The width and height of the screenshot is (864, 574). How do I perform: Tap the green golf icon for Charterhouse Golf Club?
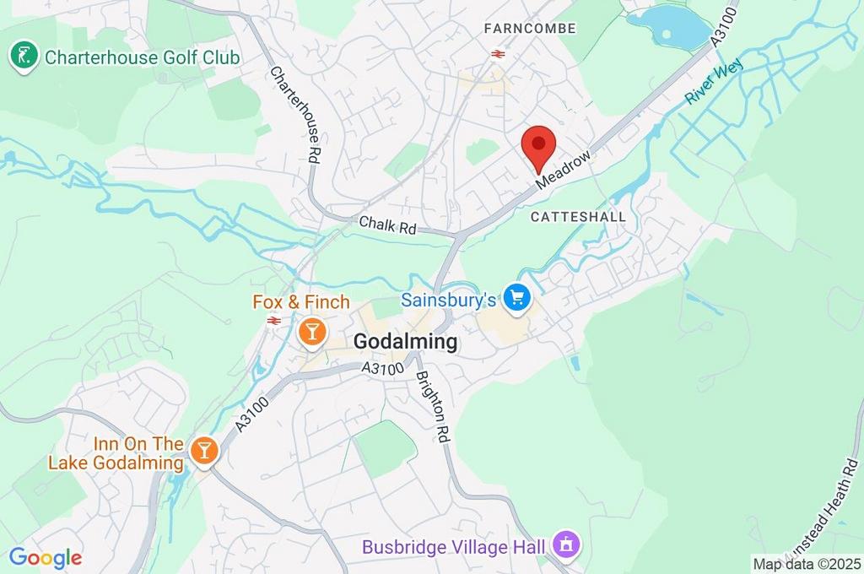pyautogui.click(x=24, y=57)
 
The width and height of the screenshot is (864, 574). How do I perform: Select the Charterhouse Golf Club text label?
pyautogui.click(x=142, y=57)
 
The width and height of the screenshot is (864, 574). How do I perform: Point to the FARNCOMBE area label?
pyautogui.click(x=530, y=29)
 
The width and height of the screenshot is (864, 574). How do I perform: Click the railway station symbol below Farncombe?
pyautogui.click(x=497, y=54)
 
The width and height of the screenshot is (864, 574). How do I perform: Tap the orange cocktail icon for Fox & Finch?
pyautogui.click(x=311, y=331)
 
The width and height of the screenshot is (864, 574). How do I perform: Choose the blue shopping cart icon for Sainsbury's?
pyautogui.click(x=516, y=297)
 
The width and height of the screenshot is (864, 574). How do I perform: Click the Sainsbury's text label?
pyautogui.click(x=447, y=300)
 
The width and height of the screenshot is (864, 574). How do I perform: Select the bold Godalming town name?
pyautogui.click(x=405, y=342)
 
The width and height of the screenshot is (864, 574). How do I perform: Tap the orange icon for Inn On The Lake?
pyautogui.click(x=203, y=450)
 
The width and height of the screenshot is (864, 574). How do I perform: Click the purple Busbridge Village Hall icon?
pyautogui.click(x=564, y=544)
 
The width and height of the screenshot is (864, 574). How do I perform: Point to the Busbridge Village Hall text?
pyautogui.click(x=454, y=547)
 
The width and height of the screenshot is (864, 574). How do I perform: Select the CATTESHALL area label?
pyautogui.click(x=578, y=217)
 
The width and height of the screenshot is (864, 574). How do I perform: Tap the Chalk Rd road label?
pyautogui.click(x=388, y=225)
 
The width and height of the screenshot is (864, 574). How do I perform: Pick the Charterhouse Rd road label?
pyautogui.click(x=297, y=114)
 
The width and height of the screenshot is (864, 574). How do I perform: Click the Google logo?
pyautogui.click(x=46, y=557)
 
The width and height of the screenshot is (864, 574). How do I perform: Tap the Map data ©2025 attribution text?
pyautogui.click(x=806, y=564)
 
